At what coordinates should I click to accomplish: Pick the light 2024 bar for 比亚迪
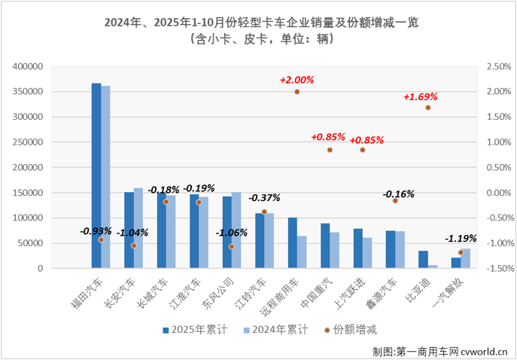(433, 266)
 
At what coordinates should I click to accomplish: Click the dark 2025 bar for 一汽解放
(456, 263)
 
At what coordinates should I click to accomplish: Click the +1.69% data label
(420, 96)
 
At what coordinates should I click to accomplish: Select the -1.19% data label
(460, 239)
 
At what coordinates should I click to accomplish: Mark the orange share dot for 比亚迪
(428, 108)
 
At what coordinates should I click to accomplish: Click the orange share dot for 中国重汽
(330, 150)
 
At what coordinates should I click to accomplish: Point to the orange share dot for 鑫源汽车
(395, 201)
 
